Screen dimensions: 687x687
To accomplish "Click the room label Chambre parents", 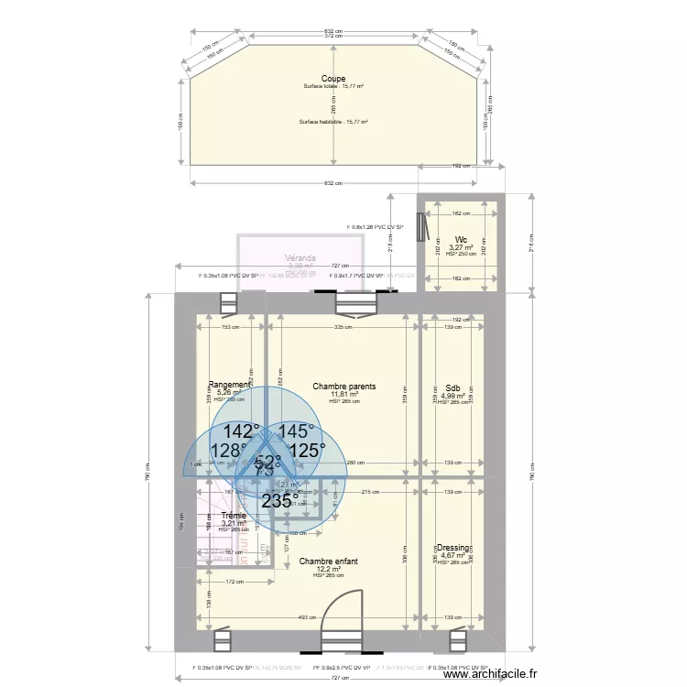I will point(343,387).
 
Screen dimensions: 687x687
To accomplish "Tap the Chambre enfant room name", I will point(328,561).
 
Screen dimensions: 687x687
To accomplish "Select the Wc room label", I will point(460,240).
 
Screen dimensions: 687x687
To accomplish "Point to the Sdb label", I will point(453,388).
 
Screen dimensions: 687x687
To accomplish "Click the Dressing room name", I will point(453,548).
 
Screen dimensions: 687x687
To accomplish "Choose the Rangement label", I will point(229,385).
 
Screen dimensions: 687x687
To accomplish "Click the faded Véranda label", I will point(300,258).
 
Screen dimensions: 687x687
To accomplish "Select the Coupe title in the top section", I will point(333,79).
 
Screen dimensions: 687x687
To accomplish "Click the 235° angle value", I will point(279,501).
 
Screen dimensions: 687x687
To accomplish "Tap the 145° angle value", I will point(296,431).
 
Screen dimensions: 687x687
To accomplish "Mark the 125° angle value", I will point(307,450).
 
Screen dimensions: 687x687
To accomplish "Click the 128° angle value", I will point(228,451).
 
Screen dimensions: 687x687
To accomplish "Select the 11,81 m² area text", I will point(343,395).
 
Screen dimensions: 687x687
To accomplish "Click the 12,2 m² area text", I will point(328,569).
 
